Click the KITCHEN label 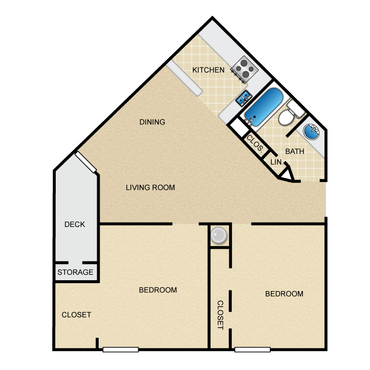208,70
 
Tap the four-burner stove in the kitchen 245,69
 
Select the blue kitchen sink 243,99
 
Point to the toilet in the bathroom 289,114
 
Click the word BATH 295,151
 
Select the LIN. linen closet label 275,161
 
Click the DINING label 152,122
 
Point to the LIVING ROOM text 150,187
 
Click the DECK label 75,224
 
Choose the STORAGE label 75,272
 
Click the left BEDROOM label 158,290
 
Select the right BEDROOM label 284,294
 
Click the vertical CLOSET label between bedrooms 220,315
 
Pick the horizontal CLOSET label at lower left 76,315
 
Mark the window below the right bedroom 252,350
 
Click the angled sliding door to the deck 85,162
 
